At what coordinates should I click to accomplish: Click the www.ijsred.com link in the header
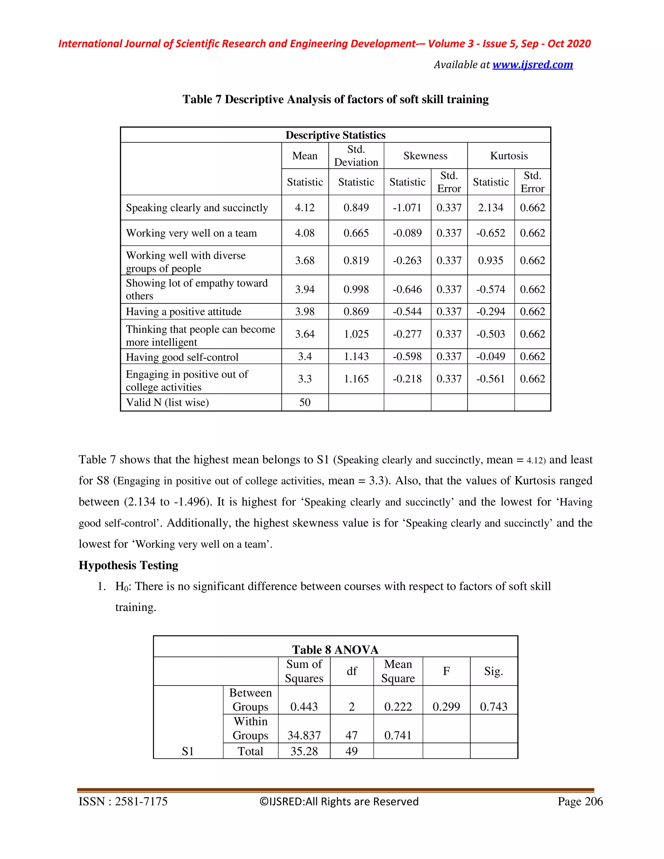[x=532, y=65]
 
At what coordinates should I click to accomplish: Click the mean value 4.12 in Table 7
[x=305, y=208]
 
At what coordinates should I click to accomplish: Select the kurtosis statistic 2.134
[x=491, y=208]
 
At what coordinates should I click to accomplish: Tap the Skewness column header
[x=425, y=156]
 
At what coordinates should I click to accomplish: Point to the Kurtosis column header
[x=509, y=156]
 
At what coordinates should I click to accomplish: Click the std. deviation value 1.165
[x=356, y=379]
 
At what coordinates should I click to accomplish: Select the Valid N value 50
[x=305, y=402]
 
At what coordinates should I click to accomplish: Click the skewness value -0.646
[x=407, y=289]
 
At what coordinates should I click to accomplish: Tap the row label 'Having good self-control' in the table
[x=182, y=357]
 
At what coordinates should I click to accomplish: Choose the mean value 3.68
[x=305, y=260]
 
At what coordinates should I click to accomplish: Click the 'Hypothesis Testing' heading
[x=128, y=565]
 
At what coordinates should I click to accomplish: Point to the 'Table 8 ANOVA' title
[x=335, y=650]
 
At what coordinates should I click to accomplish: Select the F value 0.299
[x=446, y=707]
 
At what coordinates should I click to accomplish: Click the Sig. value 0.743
[x=494, y=707]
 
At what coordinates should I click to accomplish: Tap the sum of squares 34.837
[x=304, y=735]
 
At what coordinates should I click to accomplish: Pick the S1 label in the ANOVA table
[x=188, y=752]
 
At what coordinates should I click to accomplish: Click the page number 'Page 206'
[x=580, y=802]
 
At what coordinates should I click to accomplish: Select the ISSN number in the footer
[x=123, y=802]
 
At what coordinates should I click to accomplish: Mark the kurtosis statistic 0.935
[x=491, y=260]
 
